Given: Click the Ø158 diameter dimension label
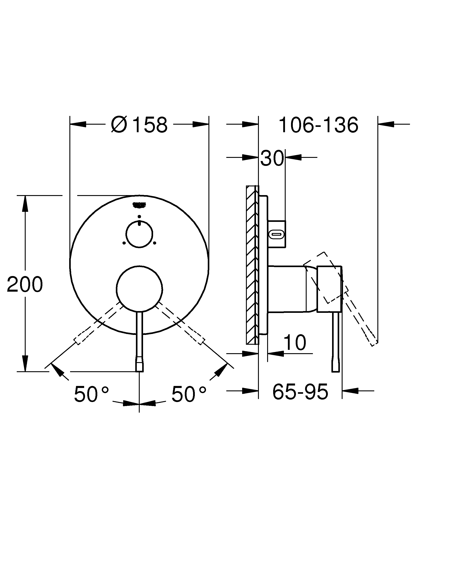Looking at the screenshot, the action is (139, 125).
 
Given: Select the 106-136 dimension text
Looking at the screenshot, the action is (318, 125).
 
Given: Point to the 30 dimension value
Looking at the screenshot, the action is (272, 158).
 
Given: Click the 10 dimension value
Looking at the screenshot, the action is (295, 343).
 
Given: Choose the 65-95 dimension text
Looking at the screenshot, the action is (300, 392).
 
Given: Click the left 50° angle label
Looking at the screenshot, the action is (91, 394).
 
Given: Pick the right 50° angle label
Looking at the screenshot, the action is (189, 394).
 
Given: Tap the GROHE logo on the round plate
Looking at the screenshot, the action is (139, 205).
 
